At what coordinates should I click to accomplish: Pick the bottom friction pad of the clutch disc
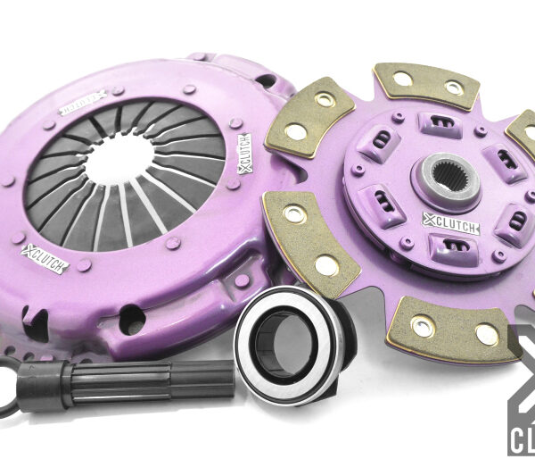[x=457, y=328]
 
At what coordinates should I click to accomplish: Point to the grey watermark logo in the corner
[x=521, y=393]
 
